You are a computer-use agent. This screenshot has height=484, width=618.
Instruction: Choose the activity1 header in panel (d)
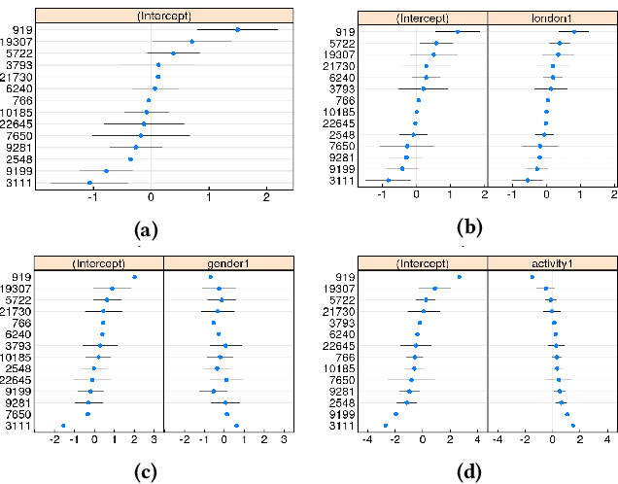pos(550,262)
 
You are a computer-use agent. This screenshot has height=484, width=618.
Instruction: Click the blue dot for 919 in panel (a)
pos(238,30)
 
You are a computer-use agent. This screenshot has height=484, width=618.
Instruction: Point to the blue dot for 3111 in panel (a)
pos(89,183)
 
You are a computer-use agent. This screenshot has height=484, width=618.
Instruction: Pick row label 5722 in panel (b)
pos(340,44)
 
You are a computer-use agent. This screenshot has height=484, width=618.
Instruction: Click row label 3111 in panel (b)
pos(340,181)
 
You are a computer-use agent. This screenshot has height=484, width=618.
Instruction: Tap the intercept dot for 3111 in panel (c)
pos(63,426)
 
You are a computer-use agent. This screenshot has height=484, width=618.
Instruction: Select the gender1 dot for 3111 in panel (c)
pos(236,426)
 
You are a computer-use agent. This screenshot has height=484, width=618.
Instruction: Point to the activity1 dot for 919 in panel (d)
pos(532,277)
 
